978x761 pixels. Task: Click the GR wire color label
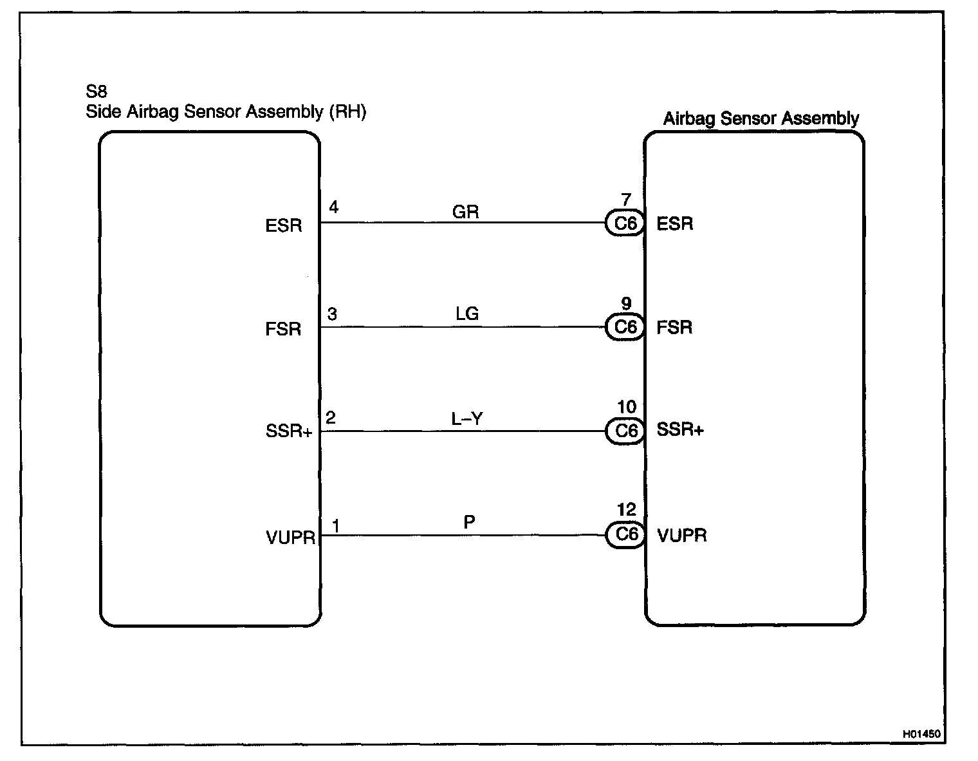(466, 212)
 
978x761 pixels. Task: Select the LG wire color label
(467, 314)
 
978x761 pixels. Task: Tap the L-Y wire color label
(467, 418)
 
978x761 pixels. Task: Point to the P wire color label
(469, 522)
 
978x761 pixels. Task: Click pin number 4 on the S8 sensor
(333, 207)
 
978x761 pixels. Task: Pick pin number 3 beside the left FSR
(332, 314)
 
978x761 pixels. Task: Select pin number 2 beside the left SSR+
(331, 418)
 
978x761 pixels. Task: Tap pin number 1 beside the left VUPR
(335, 526)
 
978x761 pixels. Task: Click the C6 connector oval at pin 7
(625, 223)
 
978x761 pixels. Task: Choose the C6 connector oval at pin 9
(625, 327)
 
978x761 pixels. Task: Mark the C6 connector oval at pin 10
(625, 431)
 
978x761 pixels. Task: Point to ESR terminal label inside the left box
(283, 227)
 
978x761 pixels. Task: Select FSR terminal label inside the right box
(674, 328)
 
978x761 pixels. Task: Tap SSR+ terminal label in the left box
(288, 431)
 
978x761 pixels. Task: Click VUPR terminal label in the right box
(682, 536)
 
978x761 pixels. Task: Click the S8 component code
(97, 91)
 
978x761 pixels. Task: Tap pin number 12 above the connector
(626, 511)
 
